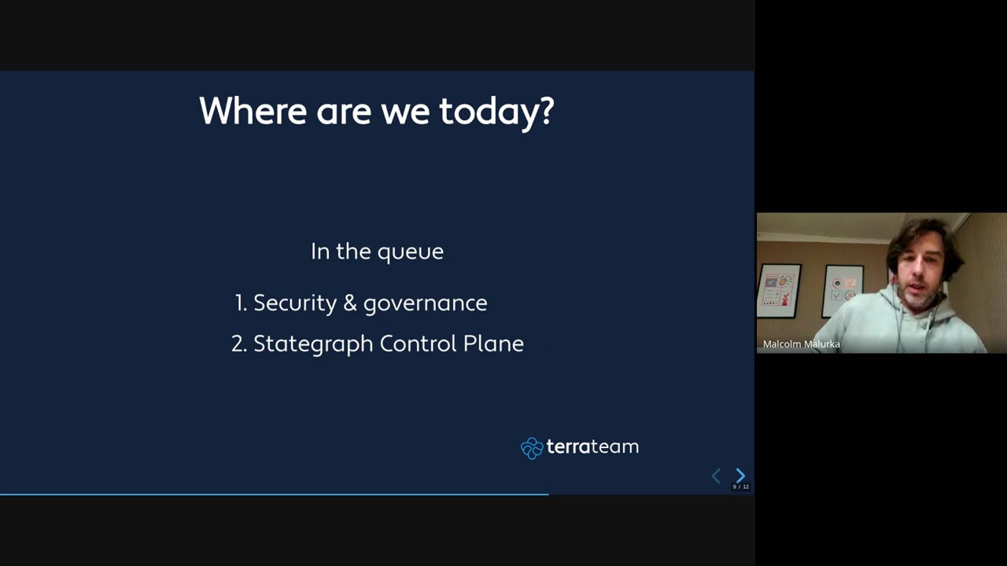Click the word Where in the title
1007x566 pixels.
tap(253, 112)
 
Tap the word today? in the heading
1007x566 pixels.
tap(496, 112)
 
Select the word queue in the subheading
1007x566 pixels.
tap(410, 252)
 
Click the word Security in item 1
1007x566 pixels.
tap(295, 303)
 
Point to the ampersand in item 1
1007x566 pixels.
tap(350, 303)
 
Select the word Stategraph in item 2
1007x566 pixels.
tap(313, 344)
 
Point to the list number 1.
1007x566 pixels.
tap(240, 303)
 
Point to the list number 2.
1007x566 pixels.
tap(238, 344)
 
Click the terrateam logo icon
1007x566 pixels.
tap(532, 448)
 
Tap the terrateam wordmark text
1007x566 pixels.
tap(592, 447)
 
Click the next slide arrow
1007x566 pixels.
tap(740, 476)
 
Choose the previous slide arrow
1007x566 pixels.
tap(716, 476)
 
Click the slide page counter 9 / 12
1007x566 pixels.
tap(740, 487)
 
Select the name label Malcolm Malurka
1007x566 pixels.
tap(801, 344)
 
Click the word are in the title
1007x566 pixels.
tap(343, 112)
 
